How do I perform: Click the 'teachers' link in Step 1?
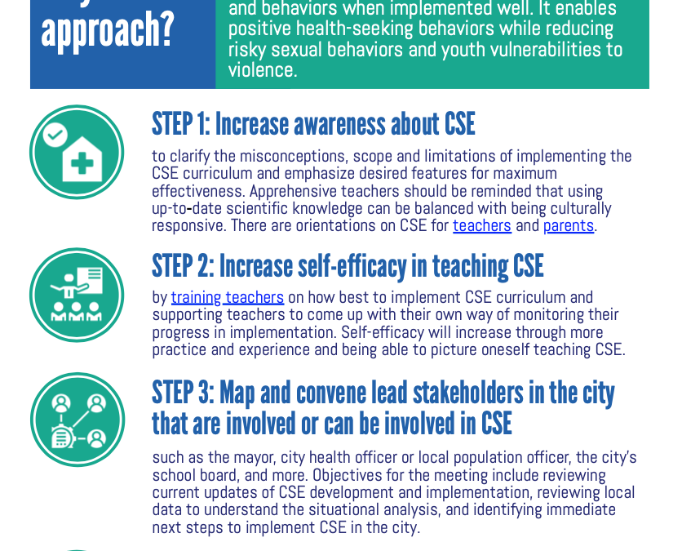coord(482,226)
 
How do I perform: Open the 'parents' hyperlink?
coord(569,226)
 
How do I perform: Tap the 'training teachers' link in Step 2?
coord(228,298)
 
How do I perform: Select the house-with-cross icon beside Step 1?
coord(77,153)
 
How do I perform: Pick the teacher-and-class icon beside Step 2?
coord(77,295)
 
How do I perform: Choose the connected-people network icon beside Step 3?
coord(77,420)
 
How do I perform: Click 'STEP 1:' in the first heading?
coord(180,125)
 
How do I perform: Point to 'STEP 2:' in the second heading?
coord(182,267)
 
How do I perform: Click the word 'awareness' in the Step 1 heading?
coord(339,125)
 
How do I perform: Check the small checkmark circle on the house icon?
coord(55,134)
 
